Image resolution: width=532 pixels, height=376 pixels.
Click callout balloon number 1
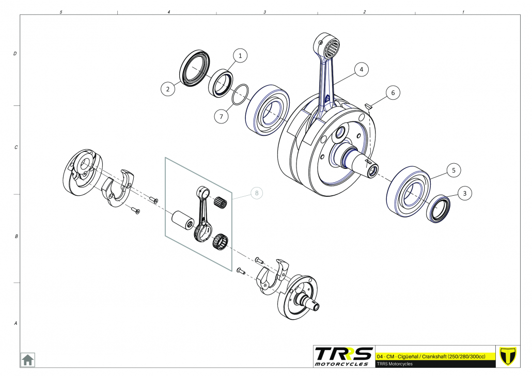pyautogui.click(x=240, y=55)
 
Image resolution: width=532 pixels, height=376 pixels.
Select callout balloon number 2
pyautogui.click(x=167, y=89)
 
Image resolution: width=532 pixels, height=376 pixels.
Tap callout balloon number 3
pyautogui.click(x=464, y=193)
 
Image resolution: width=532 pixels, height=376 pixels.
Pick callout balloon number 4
pyautogui.click(x=362, y=69)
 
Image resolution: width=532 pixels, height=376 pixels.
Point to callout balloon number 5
pyautogui.click(x=453, y=169)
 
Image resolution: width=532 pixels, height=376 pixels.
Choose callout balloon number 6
pyautogui.click(x=393, y=93)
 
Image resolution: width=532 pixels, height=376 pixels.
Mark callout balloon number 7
pyautogui.click(x=221, y=117)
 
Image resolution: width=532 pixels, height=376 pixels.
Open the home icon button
pyautogui.click(x=27, y=359)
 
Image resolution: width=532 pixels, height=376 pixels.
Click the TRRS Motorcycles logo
pyautogui.click(x=344, y=356)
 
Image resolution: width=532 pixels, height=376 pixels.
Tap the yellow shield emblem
pyautogui.click(x=509, y=356)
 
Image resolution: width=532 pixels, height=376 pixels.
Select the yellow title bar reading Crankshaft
pyautogui.click(x=435, y=357)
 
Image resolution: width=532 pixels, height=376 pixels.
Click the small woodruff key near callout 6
pyautogui.click(x=369, y=106)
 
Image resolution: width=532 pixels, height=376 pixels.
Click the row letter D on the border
pyautogui.click(x=14, y=54)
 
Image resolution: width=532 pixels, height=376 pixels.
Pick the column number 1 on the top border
pyautogui.click(x=463, y=11)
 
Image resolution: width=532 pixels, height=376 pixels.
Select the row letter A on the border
pyautogui.click(x=14, y=324)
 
